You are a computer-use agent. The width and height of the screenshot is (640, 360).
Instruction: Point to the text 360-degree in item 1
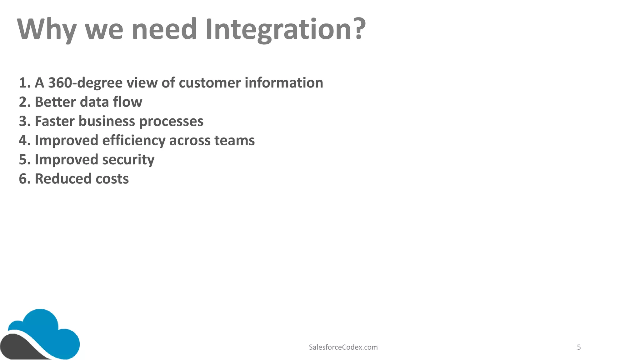(x=85, y=83)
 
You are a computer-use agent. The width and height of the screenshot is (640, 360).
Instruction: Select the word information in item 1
(x=284, y=83)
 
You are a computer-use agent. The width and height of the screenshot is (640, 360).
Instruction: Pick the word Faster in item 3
(x=55, y=121)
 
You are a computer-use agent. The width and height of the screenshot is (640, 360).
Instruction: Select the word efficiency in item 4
(x=134, y=141)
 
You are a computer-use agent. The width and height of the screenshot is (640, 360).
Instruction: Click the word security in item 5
(x=128, y=160)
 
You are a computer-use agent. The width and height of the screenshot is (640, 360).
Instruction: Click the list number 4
(x=23, y=141)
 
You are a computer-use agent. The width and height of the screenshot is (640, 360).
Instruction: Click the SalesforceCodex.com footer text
(x=343, y=347)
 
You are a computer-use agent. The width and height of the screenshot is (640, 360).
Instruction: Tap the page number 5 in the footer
(x=579, y=347)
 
